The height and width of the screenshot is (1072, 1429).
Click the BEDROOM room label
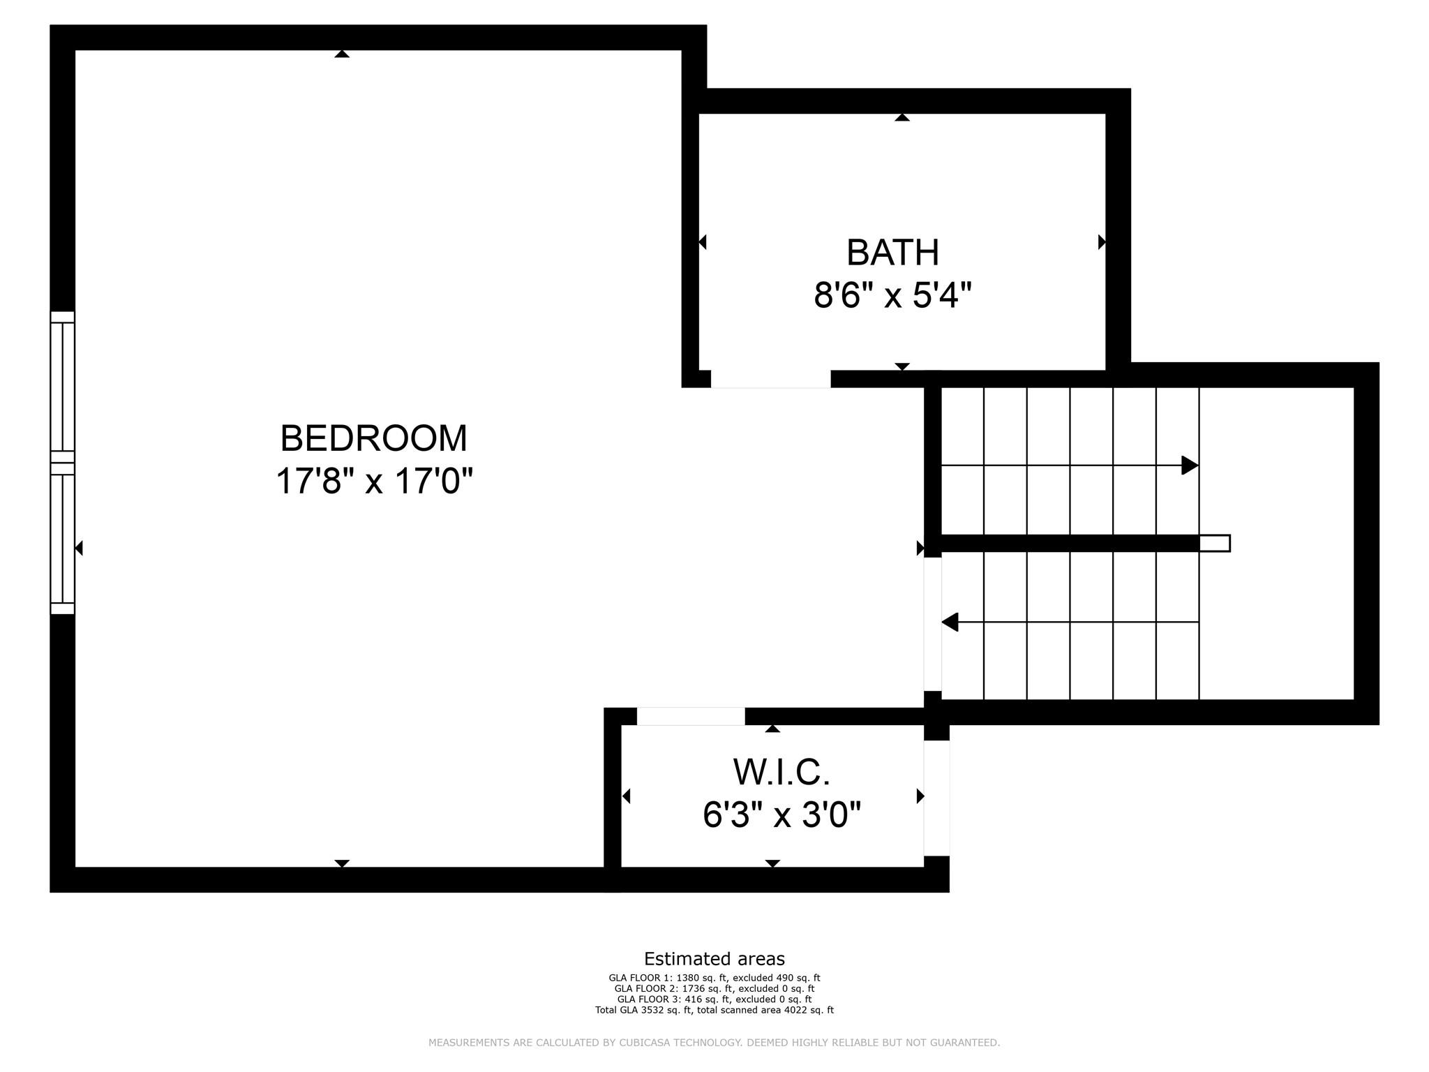[374, 438]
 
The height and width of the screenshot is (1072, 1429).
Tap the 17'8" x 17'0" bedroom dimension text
[375, 481]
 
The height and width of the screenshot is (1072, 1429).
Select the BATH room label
[892, 253]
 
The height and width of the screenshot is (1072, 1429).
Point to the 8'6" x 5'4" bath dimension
[892, 295]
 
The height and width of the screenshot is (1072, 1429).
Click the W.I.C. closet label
[781, 772]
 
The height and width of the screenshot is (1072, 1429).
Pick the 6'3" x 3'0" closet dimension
[781, 814]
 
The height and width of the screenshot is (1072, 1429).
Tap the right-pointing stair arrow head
[1190, 465]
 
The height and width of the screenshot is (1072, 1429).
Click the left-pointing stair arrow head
[950, 622]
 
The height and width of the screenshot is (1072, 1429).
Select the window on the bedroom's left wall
[62, 463]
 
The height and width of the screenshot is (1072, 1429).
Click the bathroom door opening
[771, 379]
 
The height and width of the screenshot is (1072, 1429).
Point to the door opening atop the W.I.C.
[691, 716]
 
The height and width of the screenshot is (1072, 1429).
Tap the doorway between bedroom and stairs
[932, 624]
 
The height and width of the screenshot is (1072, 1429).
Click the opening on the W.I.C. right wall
[936, 798]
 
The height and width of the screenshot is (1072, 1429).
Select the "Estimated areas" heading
[714, 959]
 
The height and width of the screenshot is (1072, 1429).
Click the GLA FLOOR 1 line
[714, 978]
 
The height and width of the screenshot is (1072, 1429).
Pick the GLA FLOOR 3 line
[714, 999]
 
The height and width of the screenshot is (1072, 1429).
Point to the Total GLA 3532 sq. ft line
[714, 1010]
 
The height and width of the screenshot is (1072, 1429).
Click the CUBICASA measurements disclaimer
[714, 1043]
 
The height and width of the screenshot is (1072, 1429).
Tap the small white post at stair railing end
[1215, 543]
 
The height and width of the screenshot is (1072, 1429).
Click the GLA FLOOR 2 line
[714, 989]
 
